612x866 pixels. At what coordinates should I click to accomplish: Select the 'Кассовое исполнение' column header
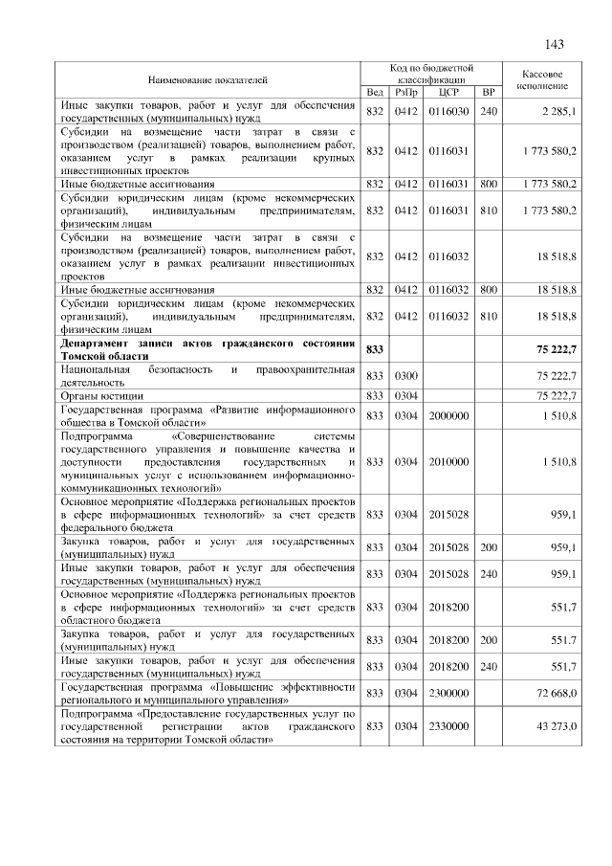click(543, 78)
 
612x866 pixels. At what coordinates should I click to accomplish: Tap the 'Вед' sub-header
click(375, 92)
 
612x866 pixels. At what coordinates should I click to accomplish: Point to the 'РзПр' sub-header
click(406, 92)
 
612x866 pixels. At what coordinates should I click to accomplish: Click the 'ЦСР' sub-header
click(448, 92)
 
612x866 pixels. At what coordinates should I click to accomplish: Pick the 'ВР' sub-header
click(489, 92)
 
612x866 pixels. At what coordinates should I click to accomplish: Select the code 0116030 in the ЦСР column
click(448, 111)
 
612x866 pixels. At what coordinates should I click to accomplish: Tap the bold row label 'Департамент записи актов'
click(208, 344)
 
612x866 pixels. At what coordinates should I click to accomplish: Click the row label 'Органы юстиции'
click(102, 394)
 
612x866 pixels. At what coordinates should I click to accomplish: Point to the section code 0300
click(406, 375)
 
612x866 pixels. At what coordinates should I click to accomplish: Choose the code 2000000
click(448, 415)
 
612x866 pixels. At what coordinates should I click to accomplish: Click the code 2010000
click(448, 461)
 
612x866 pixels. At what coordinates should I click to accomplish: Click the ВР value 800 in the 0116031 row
click(489, 182)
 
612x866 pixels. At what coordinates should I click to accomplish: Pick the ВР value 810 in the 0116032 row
click(489, 316)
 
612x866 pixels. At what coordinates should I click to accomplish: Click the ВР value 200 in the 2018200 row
click(489, 639)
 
